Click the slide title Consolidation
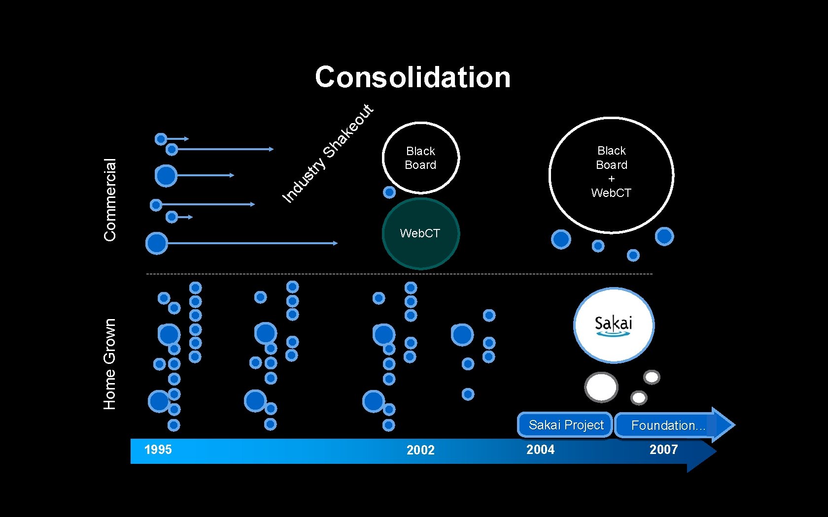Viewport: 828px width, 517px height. tap(413, 77)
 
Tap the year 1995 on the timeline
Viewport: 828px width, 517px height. tap(158, 450)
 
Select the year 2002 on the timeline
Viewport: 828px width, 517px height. tap(420, 450)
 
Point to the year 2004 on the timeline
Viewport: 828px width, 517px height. tap(540, 450)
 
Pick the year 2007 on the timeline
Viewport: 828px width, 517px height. tap(663, 450)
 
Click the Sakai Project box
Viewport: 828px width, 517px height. tap(565, 425)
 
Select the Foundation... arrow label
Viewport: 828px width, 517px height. tap(668, 425)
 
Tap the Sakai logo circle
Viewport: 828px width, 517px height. tap(614, 325)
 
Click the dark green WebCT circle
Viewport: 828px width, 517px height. tap(420, 233)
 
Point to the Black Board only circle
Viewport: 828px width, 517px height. tap(420, 158)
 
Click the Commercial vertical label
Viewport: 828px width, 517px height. tap(110, 199)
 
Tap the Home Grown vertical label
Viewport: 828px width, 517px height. tap(109, 364)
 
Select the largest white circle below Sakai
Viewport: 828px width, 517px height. tap(601, 387)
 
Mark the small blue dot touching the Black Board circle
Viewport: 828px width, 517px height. tap(389, 192)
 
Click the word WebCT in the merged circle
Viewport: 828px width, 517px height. tap(611, 193)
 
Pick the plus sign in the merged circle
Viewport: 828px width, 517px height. tap(612, 179)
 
